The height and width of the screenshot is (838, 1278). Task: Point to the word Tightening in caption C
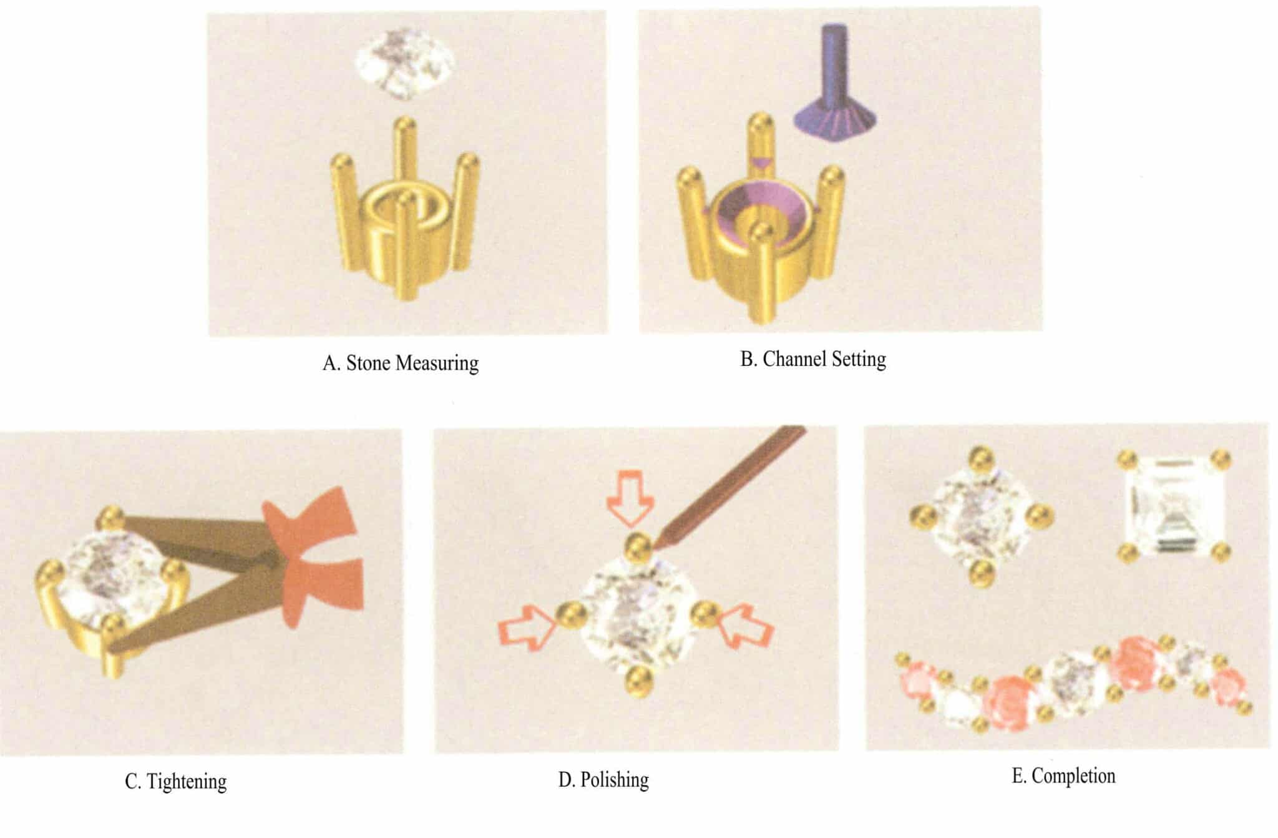187,781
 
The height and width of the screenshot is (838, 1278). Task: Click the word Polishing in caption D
615,780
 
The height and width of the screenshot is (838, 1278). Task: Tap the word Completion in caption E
1073,776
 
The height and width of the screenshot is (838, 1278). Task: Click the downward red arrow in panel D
630,499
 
